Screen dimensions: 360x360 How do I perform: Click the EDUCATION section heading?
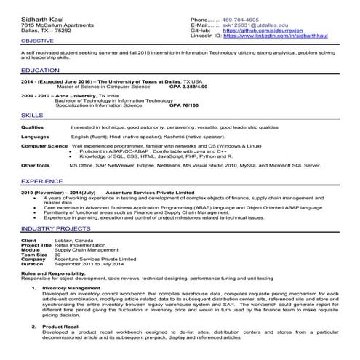[x=40, y=70]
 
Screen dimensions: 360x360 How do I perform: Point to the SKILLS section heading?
[x=32, y=116]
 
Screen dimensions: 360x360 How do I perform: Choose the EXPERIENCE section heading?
[x=41, y=180]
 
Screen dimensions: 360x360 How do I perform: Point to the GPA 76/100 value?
[x=185, y=105]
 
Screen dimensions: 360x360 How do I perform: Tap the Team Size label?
[x=35, y=255]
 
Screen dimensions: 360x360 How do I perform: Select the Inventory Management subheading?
[x=77, y=288]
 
